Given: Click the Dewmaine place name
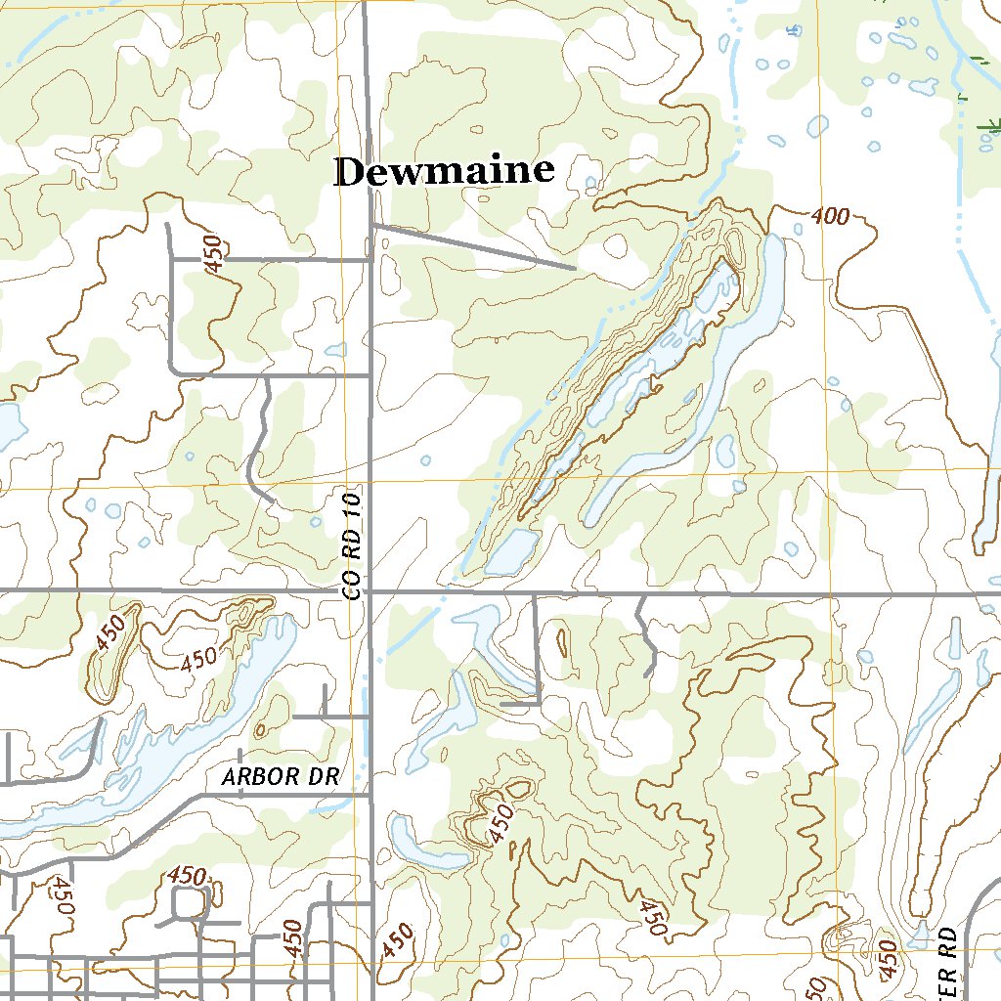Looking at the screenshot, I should point(445,172).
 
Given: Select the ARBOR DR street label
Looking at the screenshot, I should point(280,777).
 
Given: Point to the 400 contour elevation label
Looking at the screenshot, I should point(830,217).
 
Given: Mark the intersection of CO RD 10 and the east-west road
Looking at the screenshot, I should point(370,591).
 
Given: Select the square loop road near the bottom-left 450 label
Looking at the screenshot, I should point(186,905).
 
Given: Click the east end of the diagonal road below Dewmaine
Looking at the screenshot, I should point(574,267).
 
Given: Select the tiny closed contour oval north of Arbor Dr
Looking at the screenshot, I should point(260,729).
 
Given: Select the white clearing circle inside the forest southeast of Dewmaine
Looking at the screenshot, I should point(616,243).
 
